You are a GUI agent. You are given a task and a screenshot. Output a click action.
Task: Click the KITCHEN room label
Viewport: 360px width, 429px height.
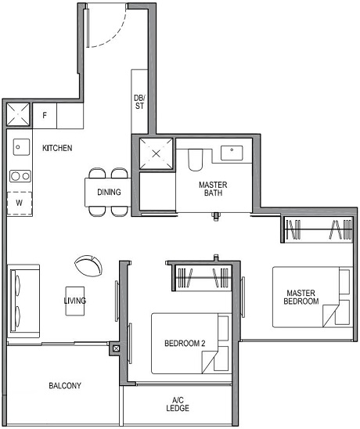[x=58, y=148]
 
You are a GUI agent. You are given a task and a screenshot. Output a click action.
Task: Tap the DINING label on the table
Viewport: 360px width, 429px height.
[x=109, y=192]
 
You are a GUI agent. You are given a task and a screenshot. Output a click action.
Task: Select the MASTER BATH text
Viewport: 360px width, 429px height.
[x=213, y=188]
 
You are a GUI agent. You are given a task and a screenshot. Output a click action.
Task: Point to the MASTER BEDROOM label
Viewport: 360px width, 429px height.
[x=301, y=297]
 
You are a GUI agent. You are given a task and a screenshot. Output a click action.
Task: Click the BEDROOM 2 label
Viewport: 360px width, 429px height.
[x=185, y=344]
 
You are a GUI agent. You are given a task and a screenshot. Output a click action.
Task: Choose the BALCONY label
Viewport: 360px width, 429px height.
[x=65, y=386]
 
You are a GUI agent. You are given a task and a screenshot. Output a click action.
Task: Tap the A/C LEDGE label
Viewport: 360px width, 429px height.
[x=178, y=404]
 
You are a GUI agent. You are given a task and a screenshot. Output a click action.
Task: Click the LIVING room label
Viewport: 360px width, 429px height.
[x=75, y=301]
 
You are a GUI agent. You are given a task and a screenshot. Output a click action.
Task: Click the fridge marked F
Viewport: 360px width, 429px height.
[x=45, y=116]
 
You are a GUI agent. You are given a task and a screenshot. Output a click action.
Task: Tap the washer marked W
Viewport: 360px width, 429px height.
[x=19, y=203]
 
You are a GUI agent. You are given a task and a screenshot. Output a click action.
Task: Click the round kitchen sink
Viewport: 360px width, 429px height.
[x=20, y=146]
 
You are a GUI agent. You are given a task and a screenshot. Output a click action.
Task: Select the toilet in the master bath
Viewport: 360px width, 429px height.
[x=196, y=160]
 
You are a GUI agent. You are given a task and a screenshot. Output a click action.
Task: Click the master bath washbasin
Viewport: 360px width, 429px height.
[x=232, y=153]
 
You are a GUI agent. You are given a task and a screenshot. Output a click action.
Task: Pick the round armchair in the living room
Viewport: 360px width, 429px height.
[x=88, y=265]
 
